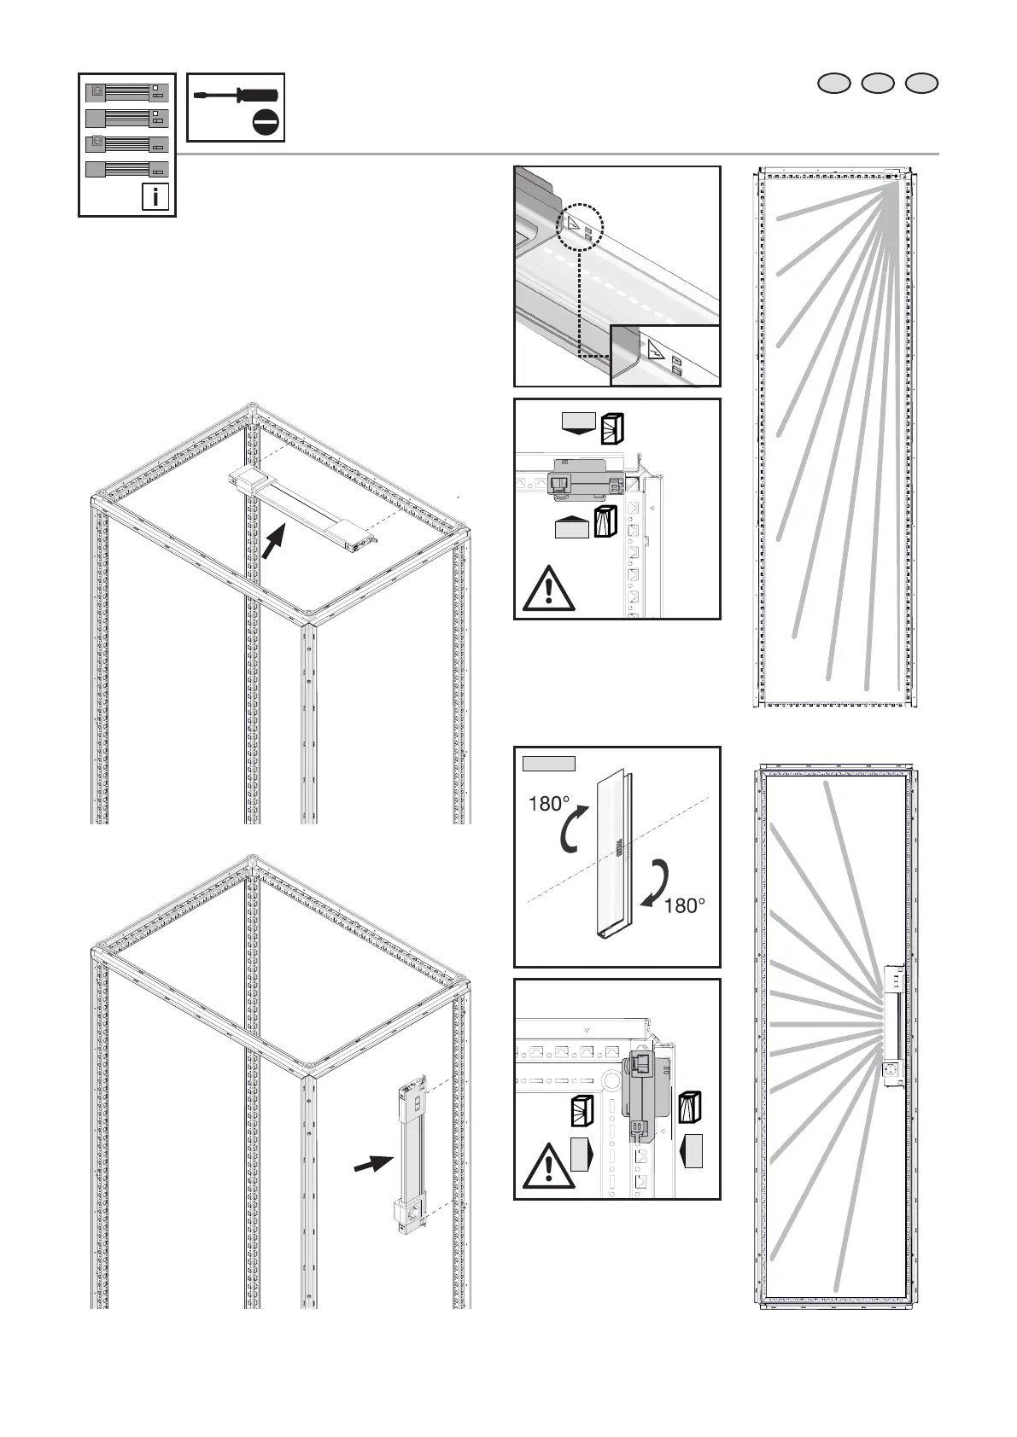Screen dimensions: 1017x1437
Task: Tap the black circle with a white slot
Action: point(266,124)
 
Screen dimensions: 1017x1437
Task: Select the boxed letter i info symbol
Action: point(155,198)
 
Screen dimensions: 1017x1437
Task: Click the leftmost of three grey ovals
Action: point(834,83)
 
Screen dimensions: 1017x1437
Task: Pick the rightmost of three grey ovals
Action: point(921,83)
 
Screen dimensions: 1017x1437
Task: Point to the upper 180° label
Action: point(548,804)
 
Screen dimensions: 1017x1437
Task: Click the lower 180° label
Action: point(685,906)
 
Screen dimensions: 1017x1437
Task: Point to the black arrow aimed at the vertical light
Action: point(374,1165)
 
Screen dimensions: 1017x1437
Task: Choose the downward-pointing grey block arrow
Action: point(577,422)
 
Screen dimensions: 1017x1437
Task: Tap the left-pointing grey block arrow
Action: point(691,1151)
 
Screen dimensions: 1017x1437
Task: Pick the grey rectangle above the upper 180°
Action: point(549,763)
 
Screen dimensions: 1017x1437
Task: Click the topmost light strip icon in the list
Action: point(128,92)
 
